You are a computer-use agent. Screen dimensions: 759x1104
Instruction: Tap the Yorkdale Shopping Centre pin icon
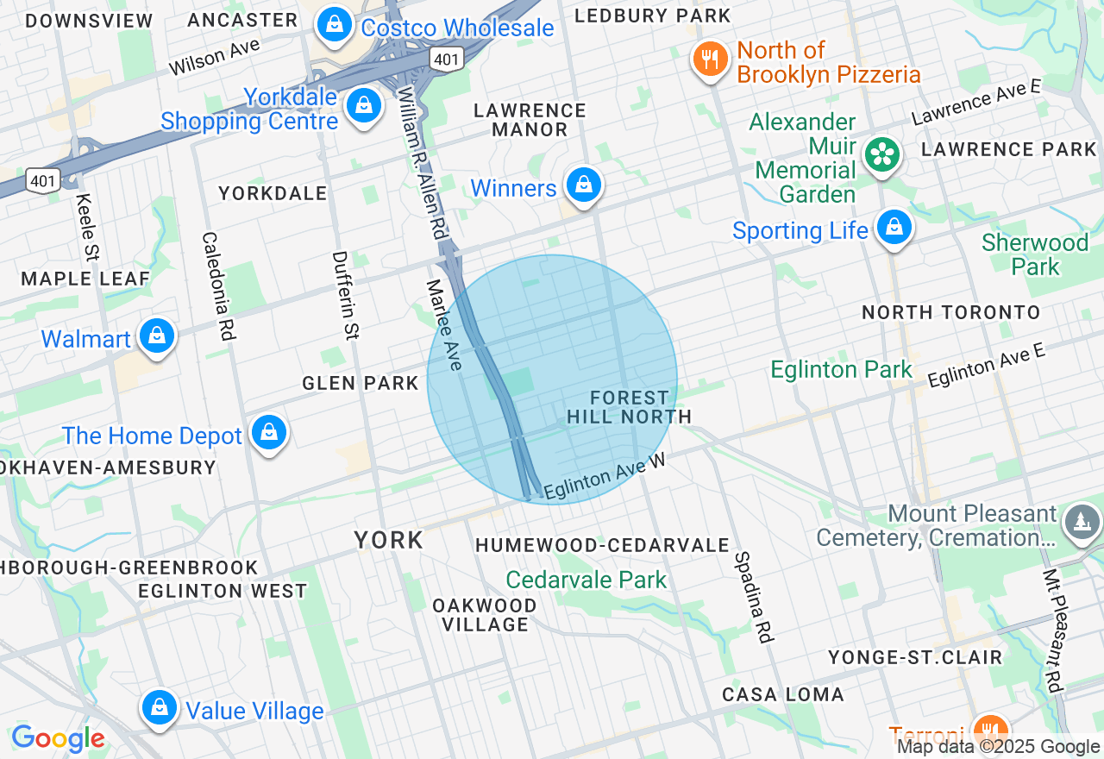pyautogui.click(x=364, y=106)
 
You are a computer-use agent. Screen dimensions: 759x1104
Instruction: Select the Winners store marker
pyautogui.click(x=584, y=185)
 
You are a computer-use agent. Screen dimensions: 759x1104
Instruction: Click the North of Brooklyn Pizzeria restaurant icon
pyautogui.click(x=710, y=60)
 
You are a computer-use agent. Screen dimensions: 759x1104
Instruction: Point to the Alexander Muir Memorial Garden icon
pyautogui.click(x=882, y=155)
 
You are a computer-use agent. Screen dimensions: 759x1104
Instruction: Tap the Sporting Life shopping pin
pyautogui.click(x=894, y=228)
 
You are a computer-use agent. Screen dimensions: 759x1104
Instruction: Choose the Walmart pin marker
pyautogui.click(x=157, y=336)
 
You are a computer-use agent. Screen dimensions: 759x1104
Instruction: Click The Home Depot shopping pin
pyautogui.click(x=269, y=431)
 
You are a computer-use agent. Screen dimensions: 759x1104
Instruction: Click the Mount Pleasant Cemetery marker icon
pyautogui.click(x=1082, y=522)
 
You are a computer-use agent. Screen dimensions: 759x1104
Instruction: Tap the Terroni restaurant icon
pyautogui.click(x=990, y=730)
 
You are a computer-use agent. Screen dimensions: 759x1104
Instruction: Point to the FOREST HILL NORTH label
pyautogui.click(x=630, y=407)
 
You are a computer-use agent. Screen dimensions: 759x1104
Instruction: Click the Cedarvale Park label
pyautogui.click(x=586, y=580)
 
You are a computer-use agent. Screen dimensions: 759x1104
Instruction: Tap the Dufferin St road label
pyautogui.click(x=345, y=294)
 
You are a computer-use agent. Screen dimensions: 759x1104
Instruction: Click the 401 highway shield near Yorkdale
pyautogui.click(x=447, y=58)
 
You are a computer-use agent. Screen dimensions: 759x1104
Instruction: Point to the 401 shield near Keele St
pyautogui.click(x=43, y=179)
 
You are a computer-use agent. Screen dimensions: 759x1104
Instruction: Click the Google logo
pyautogui.click(x=59, y=738)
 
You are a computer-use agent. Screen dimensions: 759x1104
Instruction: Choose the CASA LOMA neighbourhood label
pyautogui.click(x=783, y=694)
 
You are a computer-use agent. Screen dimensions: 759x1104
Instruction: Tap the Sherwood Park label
pyautogui.click(x=1035, y=254)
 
